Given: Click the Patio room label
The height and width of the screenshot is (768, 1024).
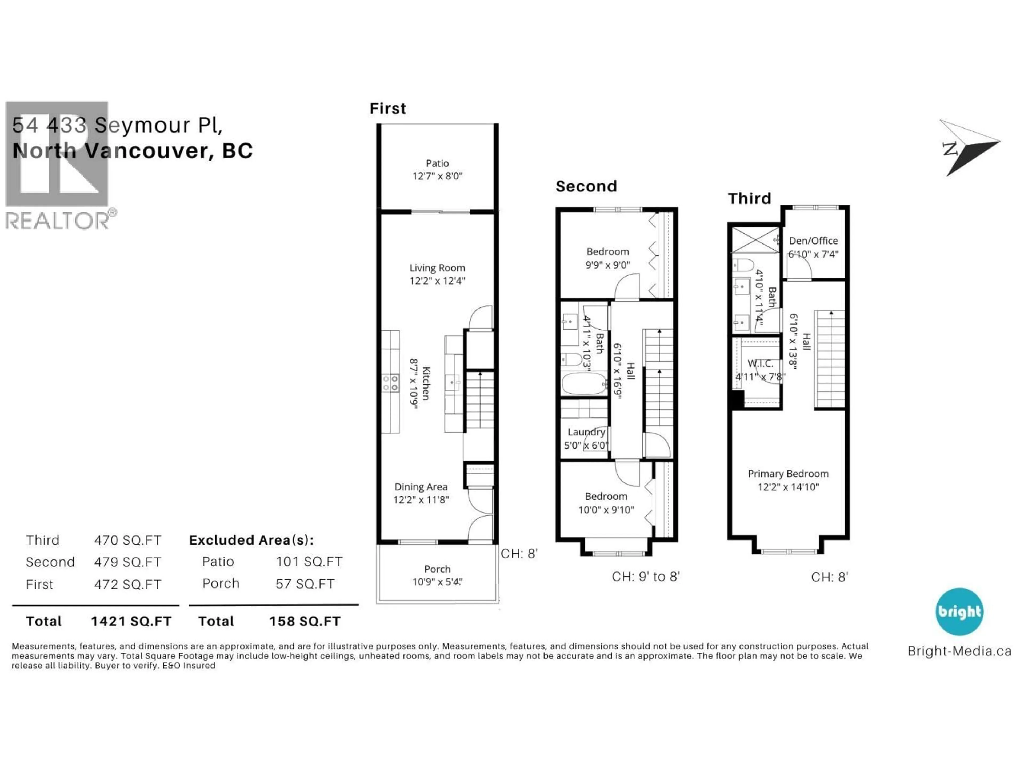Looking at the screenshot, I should click(437, 163).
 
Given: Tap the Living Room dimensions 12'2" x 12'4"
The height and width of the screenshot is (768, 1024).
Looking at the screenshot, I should click(437, 281).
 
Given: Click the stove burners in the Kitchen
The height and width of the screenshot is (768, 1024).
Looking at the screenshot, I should click(390, 383).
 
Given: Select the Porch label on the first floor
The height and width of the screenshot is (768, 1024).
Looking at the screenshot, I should click(437, 569).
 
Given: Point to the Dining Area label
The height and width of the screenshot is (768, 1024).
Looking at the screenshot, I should click(421, 487).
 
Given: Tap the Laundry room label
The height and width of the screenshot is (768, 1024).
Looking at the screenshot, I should click(586, 432).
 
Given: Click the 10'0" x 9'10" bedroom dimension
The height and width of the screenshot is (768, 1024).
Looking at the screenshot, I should click(606, 510).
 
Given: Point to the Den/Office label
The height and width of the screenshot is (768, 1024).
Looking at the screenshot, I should click(813, 241).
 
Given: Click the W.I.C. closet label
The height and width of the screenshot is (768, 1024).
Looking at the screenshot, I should click(760, 364).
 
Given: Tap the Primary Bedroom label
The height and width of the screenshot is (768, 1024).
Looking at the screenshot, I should click(788, 474).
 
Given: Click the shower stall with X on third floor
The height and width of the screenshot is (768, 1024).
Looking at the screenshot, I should click(755, 240).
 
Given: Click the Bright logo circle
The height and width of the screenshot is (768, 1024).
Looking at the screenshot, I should click(959, 611).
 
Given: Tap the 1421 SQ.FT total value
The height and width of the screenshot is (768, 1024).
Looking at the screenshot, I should click(131, 621).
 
